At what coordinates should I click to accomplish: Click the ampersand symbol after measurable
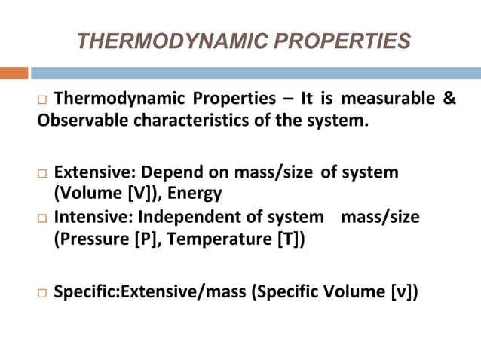(449, 99)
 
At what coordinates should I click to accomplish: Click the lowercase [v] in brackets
(399, 291)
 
